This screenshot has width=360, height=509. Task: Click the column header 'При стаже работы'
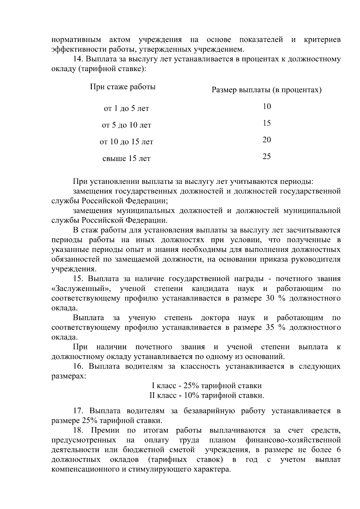pos(123,87)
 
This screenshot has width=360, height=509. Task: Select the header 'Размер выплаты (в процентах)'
pos(266,90)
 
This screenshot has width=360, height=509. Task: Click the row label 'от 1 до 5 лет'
pos(126,109)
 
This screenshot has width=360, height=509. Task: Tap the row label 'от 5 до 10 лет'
pos(126,125)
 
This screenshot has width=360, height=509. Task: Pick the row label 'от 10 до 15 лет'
pos(126,142)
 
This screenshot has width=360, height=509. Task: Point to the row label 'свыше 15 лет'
pos(126,158)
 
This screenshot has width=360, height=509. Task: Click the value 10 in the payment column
pos(267,106)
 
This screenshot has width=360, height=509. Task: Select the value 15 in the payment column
pos(267,123)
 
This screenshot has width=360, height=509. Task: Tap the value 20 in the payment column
pos(267,140)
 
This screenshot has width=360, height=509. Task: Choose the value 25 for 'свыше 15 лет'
pos(267,156)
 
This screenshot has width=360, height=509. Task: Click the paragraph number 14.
pos(78,59)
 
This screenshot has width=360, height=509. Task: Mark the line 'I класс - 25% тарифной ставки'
pos(207,386)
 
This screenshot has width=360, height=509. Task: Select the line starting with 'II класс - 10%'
pos(207,395)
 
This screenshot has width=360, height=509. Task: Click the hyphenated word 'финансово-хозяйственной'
pos(293,440)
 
